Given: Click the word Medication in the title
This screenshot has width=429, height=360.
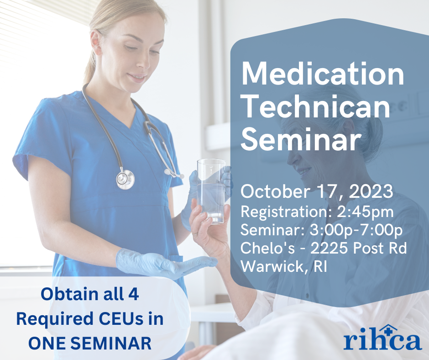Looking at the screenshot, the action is (323, 74).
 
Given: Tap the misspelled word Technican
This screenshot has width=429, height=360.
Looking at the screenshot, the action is (316, 107).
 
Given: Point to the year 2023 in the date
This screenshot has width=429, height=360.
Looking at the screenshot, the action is (371, 191).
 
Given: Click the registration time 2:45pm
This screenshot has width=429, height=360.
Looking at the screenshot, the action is (365, 212).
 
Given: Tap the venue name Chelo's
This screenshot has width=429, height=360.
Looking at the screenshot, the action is (267, 248).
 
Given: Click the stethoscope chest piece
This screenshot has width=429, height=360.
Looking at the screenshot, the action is (126, 179).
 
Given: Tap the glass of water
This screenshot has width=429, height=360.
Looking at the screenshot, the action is (211, 191).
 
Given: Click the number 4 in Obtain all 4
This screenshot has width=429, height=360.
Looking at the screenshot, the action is (133, 294).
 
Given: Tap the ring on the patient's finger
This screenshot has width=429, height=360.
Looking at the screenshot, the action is (195, 233).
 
